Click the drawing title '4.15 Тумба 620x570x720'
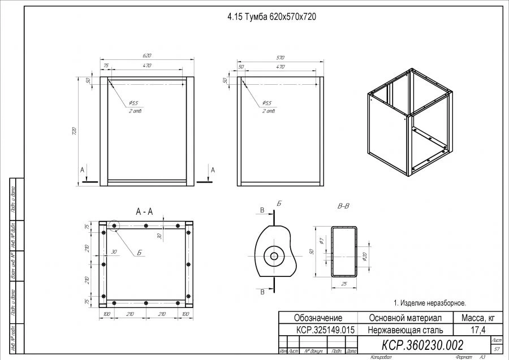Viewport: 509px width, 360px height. click(271, 17)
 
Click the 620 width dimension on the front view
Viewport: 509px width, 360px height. click(146, 56)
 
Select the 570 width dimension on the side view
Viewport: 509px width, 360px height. click(280, 58)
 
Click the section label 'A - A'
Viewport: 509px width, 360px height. click(144, 211)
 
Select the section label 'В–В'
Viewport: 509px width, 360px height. click(343, 207)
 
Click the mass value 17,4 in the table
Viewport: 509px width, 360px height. click(478, 329)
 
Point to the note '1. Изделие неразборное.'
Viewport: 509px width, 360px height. click(429, 303)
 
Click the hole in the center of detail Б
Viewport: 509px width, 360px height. click(274, 256)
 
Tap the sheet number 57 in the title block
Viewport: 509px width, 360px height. click(497, 349)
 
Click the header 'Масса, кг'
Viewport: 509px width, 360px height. click(478, 318)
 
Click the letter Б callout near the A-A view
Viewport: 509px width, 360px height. click(139, 253)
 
